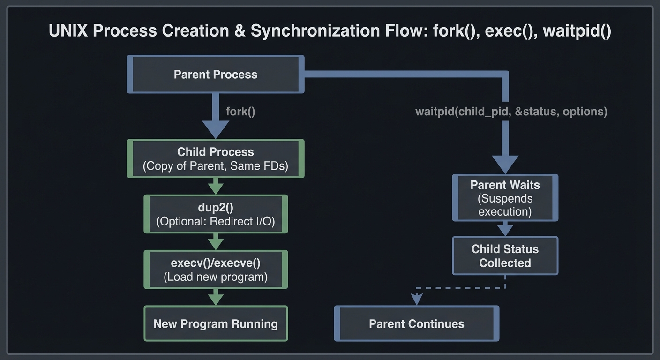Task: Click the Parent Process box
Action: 216,75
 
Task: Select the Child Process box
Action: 216,158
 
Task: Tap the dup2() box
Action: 216,214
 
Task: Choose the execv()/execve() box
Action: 216,270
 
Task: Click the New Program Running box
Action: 216,324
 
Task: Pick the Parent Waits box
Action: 505,198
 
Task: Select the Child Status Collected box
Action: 505,256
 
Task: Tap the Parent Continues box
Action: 416,324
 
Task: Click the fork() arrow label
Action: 240,112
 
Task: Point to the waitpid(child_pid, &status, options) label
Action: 511,112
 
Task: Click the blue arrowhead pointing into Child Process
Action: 216,129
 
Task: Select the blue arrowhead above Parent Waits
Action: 505,164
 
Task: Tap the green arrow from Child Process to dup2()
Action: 216,187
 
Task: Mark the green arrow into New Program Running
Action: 216,297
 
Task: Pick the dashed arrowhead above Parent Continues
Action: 416,299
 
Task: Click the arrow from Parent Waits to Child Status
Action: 505,229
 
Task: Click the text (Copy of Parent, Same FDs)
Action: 216,166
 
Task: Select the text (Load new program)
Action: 216,277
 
